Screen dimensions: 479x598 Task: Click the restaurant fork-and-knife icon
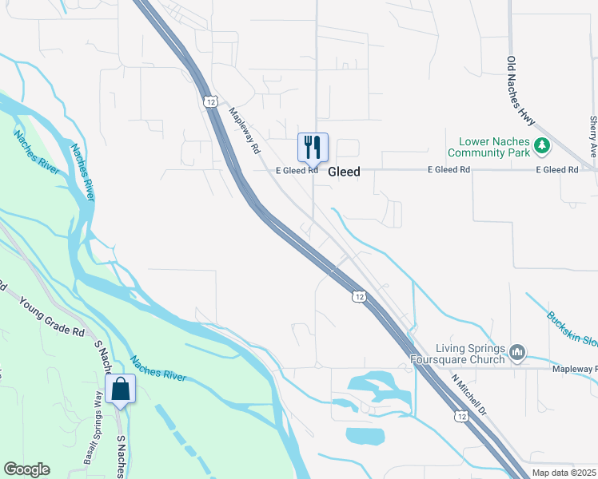[313, 147]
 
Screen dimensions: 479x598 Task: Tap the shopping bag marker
[120, 390]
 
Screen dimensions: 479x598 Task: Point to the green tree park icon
[543, 145]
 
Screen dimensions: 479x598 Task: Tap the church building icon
[517, 352]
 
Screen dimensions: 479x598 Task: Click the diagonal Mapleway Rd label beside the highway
[245, 132]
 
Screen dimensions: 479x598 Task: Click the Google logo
[26, 469]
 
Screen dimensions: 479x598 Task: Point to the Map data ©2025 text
[564, 473]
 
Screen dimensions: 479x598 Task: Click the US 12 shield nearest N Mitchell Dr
[460, 416]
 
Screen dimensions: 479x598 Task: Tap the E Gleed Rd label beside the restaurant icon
[297, 170]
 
